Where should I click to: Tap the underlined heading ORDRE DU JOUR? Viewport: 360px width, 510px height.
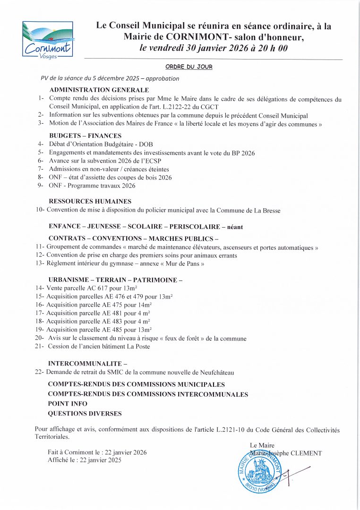(x=189, y=67)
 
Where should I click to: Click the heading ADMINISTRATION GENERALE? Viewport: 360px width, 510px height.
(x=99, y=90)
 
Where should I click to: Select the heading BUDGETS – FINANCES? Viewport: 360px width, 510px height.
(x=86, y=136)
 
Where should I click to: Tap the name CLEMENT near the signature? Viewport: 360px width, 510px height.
(x=305, y=453)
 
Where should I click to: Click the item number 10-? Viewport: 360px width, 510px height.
(x=40, y=210)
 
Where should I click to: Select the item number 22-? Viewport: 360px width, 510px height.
(x=40, y=372)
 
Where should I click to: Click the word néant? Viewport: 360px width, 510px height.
(x=235, y=227)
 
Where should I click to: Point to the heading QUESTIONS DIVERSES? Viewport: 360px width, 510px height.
(x=85, y=414)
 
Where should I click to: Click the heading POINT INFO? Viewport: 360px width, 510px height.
(x=68, y=404)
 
